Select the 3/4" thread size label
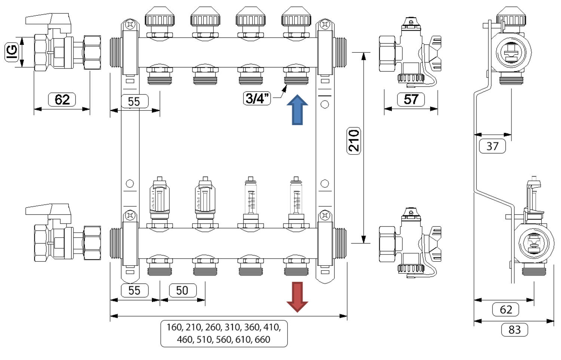(x=257, y=98)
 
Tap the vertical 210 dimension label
(x=354, y=140)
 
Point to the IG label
(x=12, y=52)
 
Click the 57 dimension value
(x=411, y=99)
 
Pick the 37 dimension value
(x=492, y=146)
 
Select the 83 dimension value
(x=514, y=330)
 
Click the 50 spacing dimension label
(x=182, y=290)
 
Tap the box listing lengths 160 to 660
(x=224, y=333)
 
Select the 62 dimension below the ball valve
(x=62, y=100)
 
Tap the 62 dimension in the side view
(x=506, y=310)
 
